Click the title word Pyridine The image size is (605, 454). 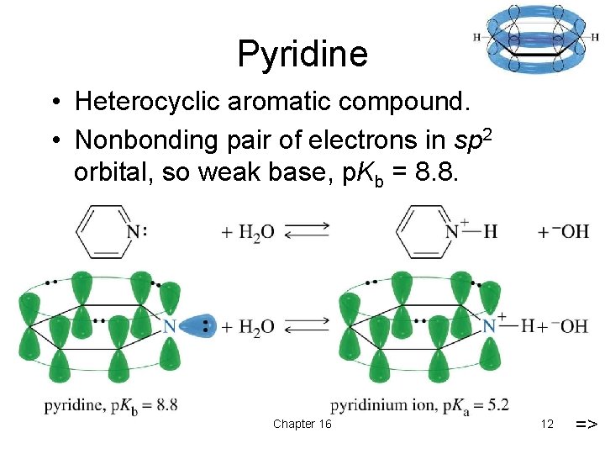pyautogui.click(x=302, y=54)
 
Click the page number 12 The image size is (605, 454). pyautogui.click(x=547, y=424)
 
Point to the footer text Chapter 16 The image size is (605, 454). pyautogui.click(x=302, y=424)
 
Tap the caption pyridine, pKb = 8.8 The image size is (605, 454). pyautogui.click(x=110, y=406)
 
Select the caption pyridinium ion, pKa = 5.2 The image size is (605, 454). pyautogui.click(x=419, y=406)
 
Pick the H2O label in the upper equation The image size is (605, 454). pyautogui.click(x=256, y=233)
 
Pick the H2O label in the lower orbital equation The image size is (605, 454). pyautogui.click(x=256, y=327)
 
